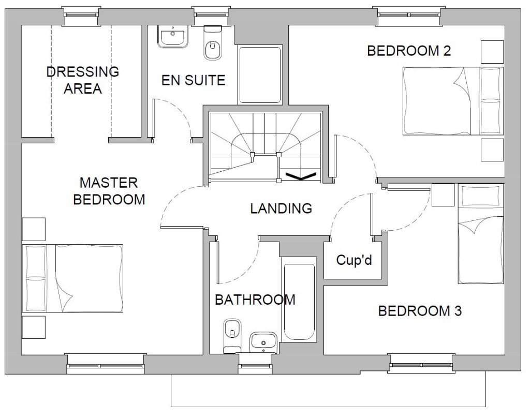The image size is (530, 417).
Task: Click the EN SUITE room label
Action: (x=194, y=80)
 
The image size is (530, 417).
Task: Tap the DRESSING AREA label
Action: (x=83, y=80)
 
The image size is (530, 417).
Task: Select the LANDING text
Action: (x=281, y=208)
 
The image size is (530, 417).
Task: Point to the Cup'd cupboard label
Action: (x=354, y=260)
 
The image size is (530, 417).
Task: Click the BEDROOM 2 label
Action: (x=409, y=51)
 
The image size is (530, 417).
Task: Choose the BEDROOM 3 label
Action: (x=420, y=311)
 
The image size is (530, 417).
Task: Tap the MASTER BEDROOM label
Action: (x=109, y=191)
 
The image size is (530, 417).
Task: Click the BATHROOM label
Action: (x=255, y=300)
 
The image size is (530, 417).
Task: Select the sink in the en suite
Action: (x=173, y=37)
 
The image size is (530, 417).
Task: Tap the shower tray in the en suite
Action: (x=260, y=75)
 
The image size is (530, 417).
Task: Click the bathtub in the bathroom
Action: (x=299, y=302)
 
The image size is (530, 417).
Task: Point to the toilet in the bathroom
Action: (x=232, y=335)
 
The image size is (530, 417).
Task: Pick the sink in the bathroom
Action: (x=263, y=341)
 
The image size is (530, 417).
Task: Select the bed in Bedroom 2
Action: (x=453, y=101)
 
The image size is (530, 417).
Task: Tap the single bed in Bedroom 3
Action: (x=481, y=233)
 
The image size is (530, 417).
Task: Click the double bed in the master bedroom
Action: (x=72, y=278)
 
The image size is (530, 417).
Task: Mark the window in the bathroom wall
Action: (x=255, y=364)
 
